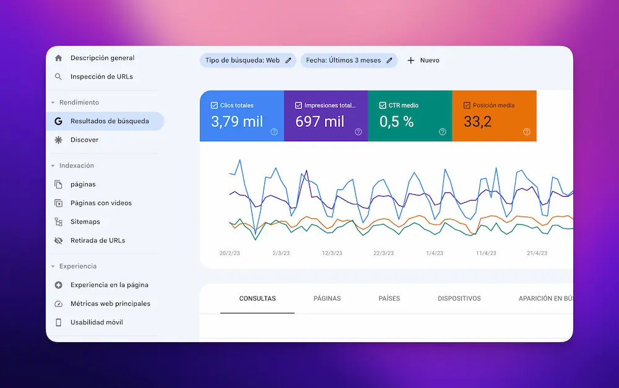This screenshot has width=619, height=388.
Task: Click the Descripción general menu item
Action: [102, 58]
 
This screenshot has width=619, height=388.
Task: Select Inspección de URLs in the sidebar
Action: [102, 77]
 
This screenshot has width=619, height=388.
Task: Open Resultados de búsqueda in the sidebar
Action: [109, 121]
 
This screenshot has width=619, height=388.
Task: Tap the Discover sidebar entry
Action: [84, 140]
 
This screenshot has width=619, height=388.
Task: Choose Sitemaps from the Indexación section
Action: [85, 222]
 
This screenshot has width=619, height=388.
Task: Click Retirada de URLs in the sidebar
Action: [97, 240]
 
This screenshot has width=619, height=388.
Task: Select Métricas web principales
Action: [110, 304]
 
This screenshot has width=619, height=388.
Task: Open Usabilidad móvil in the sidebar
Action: [97, 322]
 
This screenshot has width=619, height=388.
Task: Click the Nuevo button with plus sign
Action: [423, 60]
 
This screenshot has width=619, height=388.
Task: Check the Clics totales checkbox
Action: [214, 106]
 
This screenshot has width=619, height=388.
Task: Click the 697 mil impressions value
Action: [320, 122]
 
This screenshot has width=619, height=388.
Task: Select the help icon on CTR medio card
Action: [443, 132]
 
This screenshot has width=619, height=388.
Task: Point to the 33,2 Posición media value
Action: [477, 122]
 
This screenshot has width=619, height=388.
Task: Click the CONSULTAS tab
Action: [258, 299]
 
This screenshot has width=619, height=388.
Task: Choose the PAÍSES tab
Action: [389, 299]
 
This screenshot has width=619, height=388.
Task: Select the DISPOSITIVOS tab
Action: [459, 299]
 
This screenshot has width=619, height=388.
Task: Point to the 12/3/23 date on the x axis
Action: [332, 253]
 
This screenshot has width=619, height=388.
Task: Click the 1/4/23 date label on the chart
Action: [435, 253]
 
